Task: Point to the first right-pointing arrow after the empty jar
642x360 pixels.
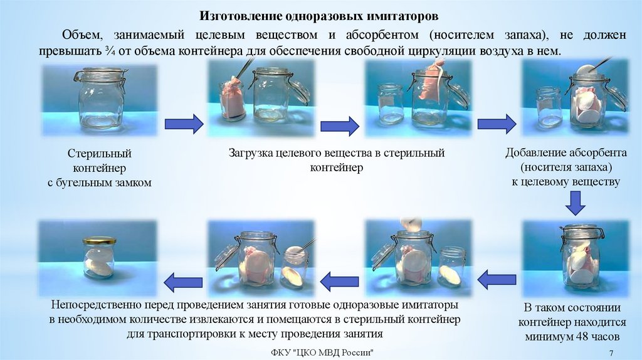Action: tap(184, 124)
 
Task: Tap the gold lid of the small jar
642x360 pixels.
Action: tap(99, 240)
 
